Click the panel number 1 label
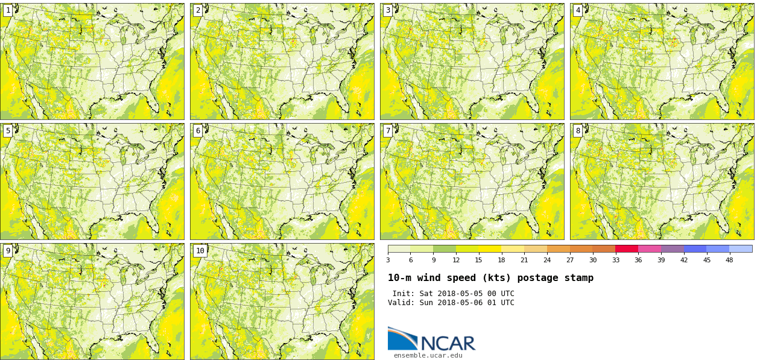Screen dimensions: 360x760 8,10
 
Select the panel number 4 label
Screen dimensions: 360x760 578,10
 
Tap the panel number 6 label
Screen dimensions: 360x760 198,131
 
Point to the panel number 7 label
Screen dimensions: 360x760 388,131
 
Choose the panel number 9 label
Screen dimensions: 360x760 8,251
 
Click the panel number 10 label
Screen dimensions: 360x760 200,251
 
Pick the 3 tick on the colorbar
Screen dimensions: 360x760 388,260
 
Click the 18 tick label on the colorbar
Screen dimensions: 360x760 501,260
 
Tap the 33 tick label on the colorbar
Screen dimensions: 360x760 615,260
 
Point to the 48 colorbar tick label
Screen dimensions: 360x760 729,260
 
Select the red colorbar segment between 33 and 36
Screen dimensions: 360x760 627,248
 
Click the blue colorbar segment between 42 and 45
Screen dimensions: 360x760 695,248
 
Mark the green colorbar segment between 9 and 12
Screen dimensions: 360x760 445,248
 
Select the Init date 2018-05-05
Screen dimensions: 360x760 460,294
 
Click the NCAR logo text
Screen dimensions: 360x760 448,343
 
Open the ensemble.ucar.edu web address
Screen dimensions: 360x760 428,355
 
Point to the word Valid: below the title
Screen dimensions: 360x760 401,303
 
